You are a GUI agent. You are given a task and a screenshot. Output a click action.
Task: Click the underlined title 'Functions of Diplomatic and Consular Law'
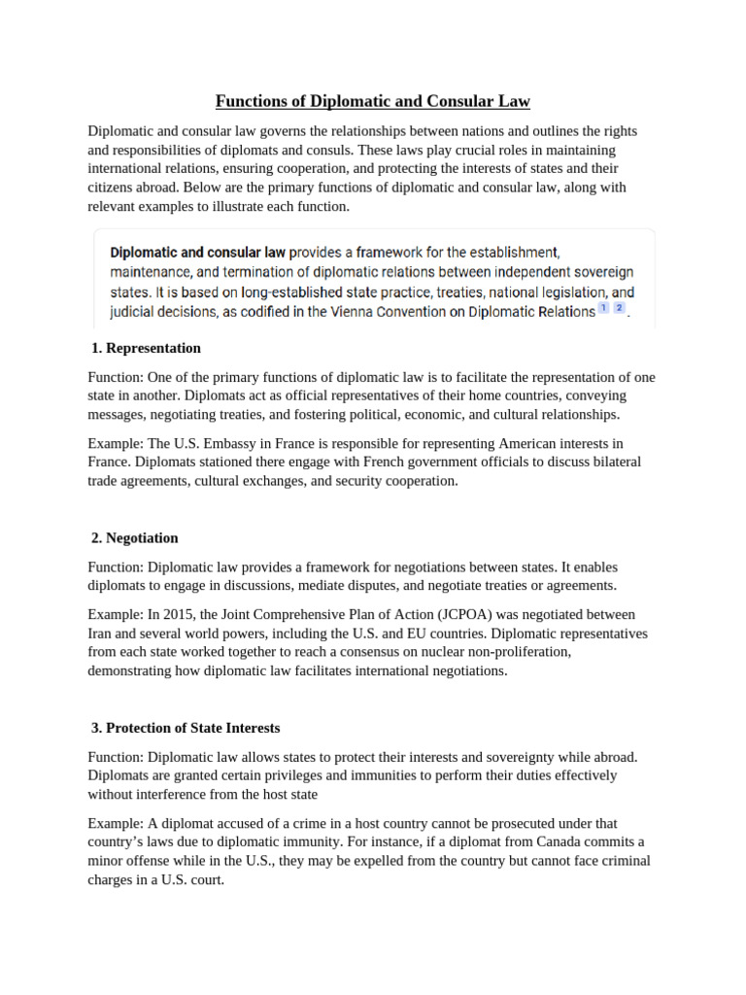pos(373,102)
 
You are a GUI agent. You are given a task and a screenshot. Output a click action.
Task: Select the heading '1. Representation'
pos(146,348)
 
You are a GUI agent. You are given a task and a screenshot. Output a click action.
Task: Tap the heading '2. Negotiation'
pos(134,537)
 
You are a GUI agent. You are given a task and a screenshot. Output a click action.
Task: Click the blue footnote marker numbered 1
pos(603,308)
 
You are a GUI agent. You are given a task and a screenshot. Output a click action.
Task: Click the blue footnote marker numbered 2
pos(620,308)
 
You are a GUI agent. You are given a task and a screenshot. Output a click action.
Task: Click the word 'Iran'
pos(101,633)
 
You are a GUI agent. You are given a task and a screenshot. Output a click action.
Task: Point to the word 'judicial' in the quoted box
pos(133,312)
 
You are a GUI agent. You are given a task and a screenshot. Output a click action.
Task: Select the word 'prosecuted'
pos(505,823)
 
